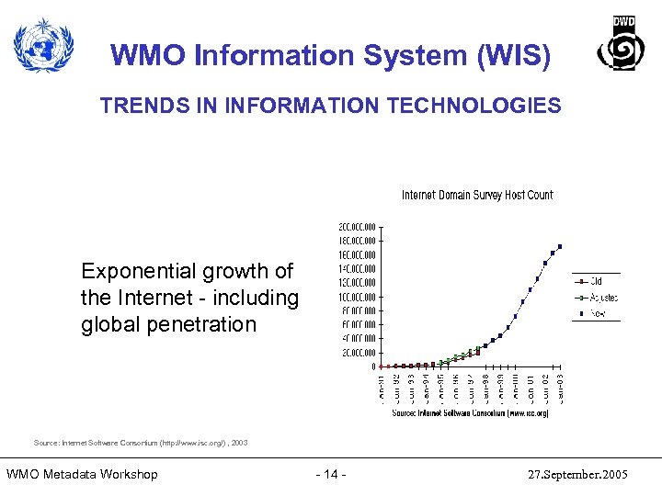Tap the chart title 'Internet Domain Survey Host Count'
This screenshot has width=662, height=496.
pyautogui.click(x=477, y=195)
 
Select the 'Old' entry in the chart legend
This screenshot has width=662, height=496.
pyautogui.click(x=597, y=281)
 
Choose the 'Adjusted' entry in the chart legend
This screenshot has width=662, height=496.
pyautogui.click(x=603, y=298)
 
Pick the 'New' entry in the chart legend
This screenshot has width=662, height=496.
pyautogui.click(x=598, y=313)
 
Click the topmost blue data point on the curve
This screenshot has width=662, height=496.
pyautogui.click(x=560, y=246)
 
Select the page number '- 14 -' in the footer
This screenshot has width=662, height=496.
pyautogui.click(x=330, y=474)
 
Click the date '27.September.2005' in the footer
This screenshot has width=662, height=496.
pyautogui.click(x=577, y=475)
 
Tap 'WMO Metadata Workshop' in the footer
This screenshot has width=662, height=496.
pyautogui.click(x=82, y=474)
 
